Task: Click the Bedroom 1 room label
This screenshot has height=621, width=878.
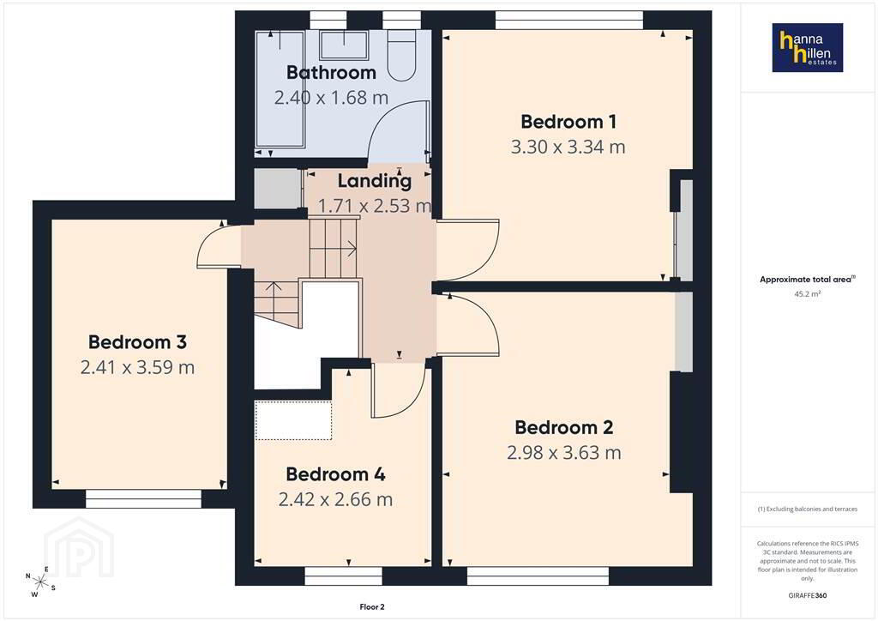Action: tap(568, 122)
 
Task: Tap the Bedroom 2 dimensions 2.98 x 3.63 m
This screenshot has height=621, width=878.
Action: tap(564, 452)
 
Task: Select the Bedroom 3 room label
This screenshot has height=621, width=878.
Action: tap(137, 342)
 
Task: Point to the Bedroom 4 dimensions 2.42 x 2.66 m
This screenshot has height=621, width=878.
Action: tap(335, 499)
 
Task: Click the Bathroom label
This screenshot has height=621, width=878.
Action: tap(331, 72)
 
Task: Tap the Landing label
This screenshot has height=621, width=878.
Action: tap(374, 181)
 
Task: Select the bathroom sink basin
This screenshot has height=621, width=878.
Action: tap(344, 45)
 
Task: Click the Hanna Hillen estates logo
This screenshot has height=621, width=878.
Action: tap(808, 47)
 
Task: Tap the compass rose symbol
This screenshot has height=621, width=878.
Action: tap(39, 582)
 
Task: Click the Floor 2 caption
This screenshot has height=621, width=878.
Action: tap(372, 607)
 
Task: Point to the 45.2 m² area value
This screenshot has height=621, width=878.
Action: tap(808, 293)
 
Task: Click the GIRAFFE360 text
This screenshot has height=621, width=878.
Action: tap(808, 595)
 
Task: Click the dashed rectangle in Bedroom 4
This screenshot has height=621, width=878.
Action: tap(293, 420)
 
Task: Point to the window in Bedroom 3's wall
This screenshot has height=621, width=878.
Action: tap(143, 499)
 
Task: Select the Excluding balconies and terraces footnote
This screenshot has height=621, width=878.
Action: tap(808, 509)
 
